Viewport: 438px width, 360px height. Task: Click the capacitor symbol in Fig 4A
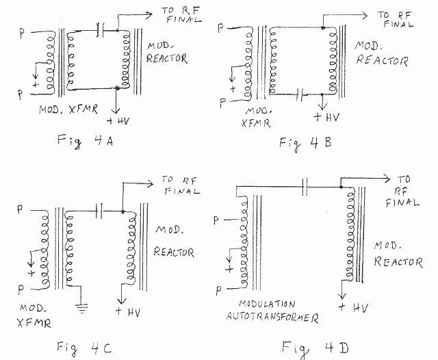point(101,29)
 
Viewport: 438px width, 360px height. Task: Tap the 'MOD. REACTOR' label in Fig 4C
point(173,240)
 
